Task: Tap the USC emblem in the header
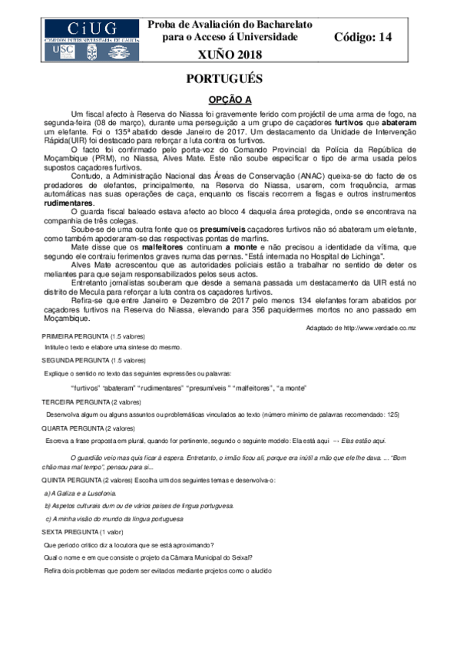[65, 50]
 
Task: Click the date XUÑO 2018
[230, 54]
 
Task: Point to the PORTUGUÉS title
[230, 79]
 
